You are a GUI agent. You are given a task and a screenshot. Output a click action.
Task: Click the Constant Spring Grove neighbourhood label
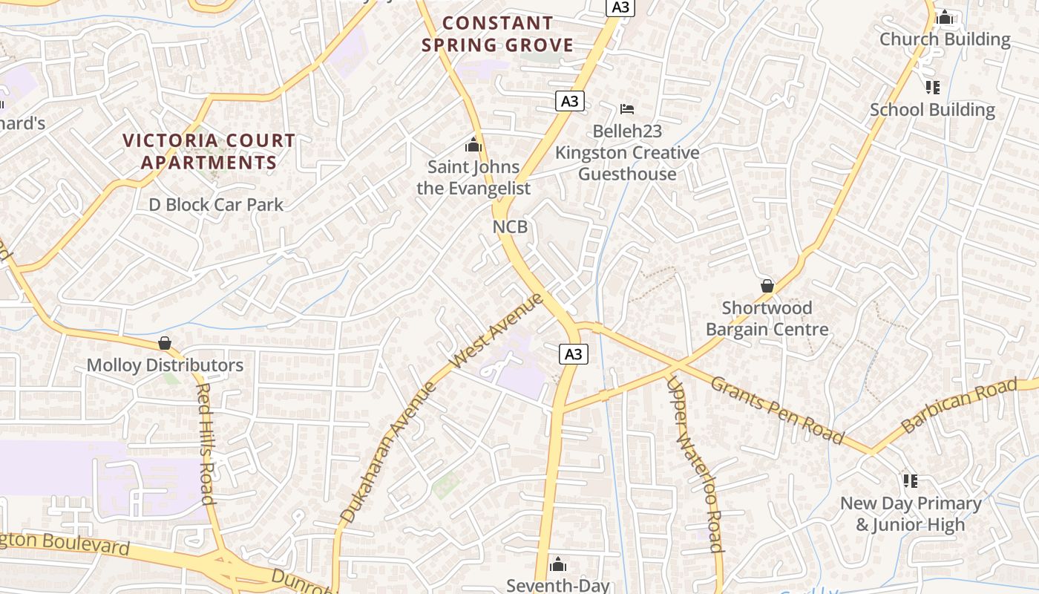[x=497, y=34]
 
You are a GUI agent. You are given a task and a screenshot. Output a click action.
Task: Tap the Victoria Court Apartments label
[x=209, y=151]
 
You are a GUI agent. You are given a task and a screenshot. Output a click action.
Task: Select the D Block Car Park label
[x=216, y=204]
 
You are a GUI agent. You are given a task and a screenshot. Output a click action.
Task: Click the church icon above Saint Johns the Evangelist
[x=473, y=145]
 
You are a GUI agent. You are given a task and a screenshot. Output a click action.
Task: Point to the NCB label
[x=510, y=226]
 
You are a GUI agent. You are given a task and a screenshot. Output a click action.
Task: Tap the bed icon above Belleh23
[x=627, y=109]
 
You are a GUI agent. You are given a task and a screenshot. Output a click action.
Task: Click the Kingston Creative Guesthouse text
[x=627, y=163]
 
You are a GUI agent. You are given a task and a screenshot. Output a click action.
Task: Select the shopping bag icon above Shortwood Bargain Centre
[x=767, y=286]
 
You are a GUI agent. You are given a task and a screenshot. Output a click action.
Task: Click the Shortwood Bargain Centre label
[x=767, y=319]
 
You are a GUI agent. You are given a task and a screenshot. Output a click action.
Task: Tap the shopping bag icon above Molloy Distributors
[x=165, y=343]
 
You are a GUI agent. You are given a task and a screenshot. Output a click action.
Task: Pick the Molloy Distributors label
[x=165, y=365]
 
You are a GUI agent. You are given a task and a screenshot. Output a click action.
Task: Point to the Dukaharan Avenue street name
[x=388, y=451]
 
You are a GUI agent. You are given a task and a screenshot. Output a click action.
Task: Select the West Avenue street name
[x=497, y=330]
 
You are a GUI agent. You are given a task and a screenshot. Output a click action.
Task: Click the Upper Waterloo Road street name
[x=695, y=464]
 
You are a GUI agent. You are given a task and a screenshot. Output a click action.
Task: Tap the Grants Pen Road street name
[x=777, y=410]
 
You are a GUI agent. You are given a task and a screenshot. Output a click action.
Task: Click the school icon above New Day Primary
[x=911, y=481]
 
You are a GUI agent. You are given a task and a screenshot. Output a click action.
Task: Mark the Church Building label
[x=945, y=39]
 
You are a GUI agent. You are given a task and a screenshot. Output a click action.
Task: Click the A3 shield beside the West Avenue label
[x=573, y=354]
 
